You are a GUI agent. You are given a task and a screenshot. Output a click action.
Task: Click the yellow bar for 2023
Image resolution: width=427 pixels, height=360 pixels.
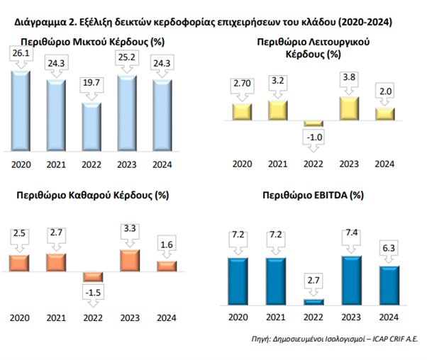point(348,108)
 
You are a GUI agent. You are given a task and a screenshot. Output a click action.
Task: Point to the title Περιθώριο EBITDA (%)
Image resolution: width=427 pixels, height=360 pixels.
point(313,194)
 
